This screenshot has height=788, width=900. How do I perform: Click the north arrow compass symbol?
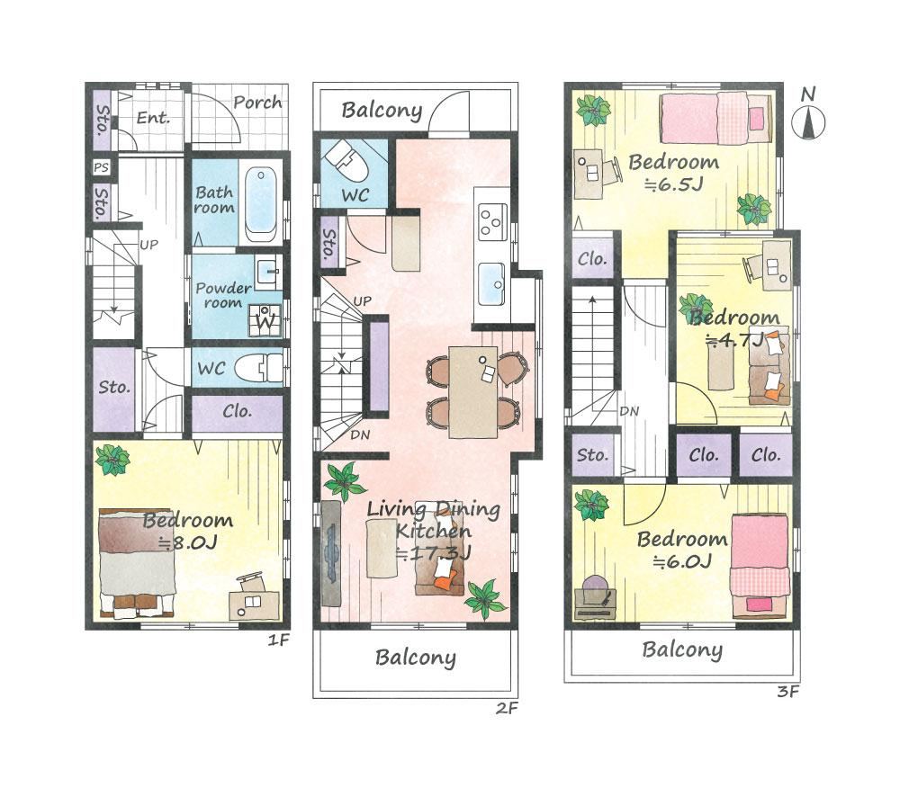[808, 122]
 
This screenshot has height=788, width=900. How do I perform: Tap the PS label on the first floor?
[101, 167]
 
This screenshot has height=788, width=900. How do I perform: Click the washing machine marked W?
[265, 321]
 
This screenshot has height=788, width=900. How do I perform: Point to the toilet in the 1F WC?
[257, 366]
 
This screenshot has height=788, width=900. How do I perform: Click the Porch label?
[257, 103]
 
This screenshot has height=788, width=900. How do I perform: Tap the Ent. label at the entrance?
[153, 118]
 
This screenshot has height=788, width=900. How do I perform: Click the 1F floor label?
[280, 640]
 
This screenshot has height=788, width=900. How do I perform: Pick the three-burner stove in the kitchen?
[492, 222]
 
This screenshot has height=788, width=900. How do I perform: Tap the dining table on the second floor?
[472, 391]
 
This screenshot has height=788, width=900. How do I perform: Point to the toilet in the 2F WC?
[347, 161]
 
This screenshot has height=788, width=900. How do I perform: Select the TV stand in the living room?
[331, 553]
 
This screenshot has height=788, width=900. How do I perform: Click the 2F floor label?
[507, 708]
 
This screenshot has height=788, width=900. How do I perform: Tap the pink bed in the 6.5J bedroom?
[716, 119]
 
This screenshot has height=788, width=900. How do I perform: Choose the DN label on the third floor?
[629, 411]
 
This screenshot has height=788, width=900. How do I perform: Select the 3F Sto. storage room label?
[592, 455]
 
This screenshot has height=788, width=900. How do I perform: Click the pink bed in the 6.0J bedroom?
[759, 566]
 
